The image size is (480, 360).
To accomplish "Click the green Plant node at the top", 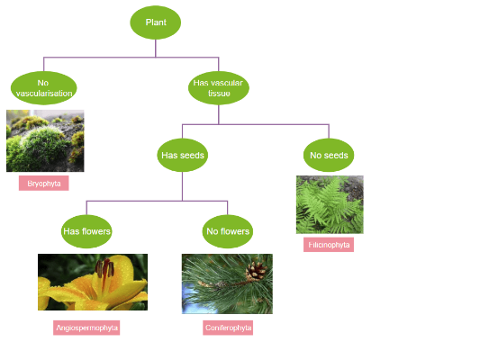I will (x=156, y=22).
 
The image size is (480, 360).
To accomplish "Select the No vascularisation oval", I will (x=44, y=88).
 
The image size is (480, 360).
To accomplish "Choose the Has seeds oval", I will (x=183, y=155).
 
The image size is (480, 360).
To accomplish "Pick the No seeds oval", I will (x=329, y=155).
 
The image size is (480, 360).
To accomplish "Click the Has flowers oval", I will (x=86, y=231).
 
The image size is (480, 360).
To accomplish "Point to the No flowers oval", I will (x=228, y=231).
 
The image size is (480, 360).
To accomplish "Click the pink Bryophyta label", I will (x=44, y=184).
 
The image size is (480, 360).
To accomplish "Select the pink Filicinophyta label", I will (x=329, y=245).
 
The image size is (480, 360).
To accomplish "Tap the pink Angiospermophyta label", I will (x=86, y=328).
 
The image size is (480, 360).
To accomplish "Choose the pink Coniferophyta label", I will (x=228, y=328).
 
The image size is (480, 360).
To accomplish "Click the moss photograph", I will (x=45, y=141).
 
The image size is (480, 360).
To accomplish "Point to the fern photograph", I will (x=330, y=204).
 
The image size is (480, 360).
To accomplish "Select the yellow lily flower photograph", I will (x=92, y=283).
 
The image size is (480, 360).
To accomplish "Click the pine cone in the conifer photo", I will (x=257, y=270).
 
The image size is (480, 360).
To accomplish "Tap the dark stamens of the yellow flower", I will (x=106, y=269).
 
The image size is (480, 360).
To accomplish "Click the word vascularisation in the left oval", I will (x=44, y=94).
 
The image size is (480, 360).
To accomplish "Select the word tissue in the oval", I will (x=220, y=94).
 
